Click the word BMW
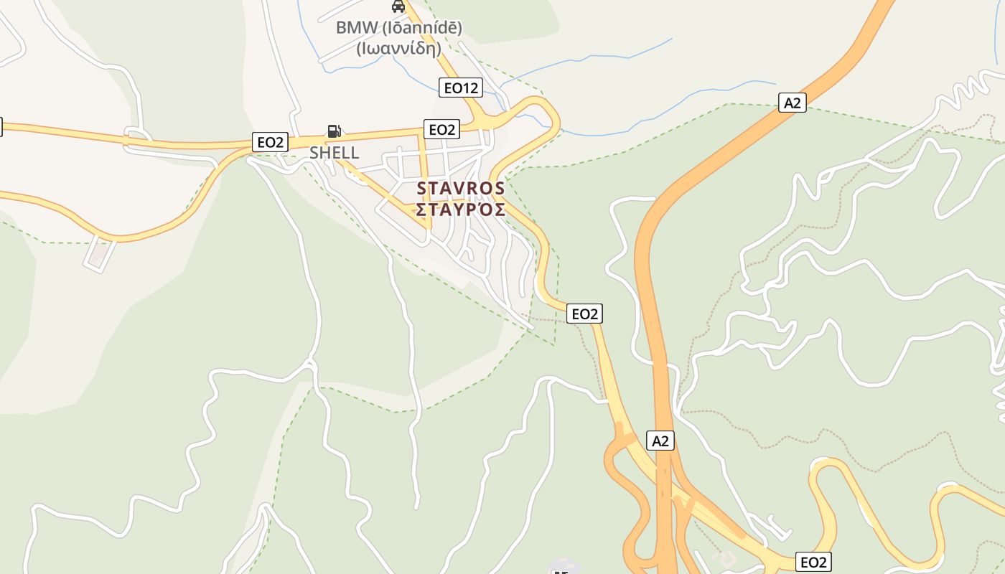click(350, 28)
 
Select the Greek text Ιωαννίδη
click(399, 48)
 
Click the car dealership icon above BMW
click(398, 6)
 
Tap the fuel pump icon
click(334, 131)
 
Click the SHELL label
click(334, 152)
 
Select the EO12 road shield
click(461, 88)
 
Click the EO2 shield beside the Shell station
click(271, 142)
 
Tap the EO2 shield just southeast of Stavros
click(584, 314)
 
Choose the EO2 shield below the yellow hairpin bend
click(813, 562)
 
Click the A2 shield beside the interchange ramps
click(660, 441)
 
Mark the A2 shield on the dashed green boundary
click(792, 103)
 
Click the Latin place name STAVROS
click(461, 189)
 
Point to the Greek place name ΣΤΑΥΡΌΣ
click(461, 210)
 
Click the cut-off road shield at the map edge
click(1, 127)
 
